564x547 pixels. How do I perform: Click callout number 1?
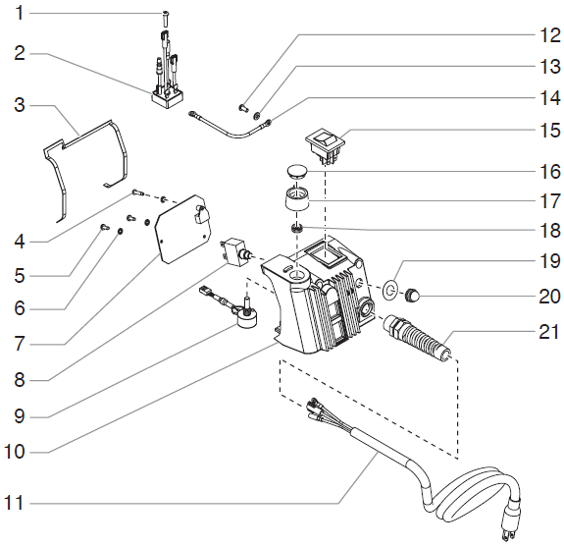[x=18, y=14]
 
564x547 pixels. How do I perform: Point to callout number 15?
[x=547, y=130]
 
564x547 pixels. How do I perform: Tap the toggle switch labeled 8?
[x=237, y=250]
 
